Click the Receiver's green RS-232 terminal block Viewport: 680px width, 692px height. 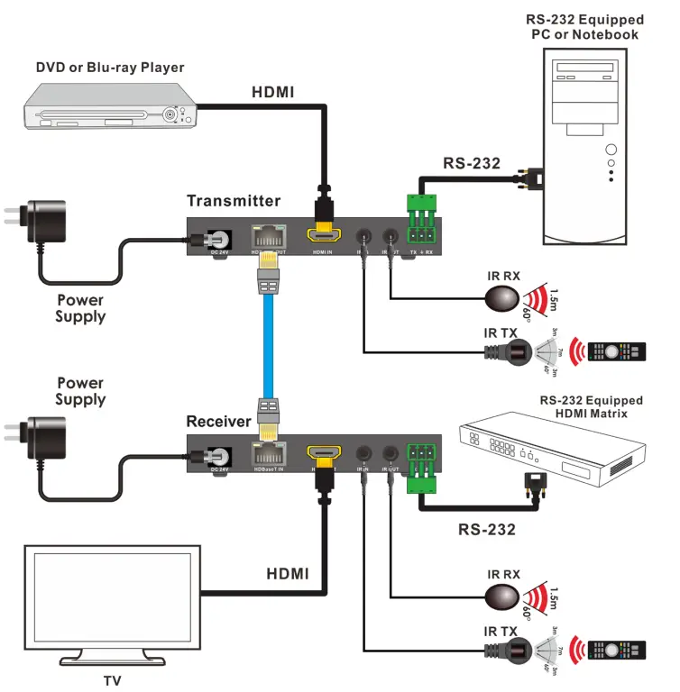pyautogui.click(x=421, y=467)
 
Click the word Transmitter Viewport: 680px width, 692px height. pyautogui.click(x=234, y=200)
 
